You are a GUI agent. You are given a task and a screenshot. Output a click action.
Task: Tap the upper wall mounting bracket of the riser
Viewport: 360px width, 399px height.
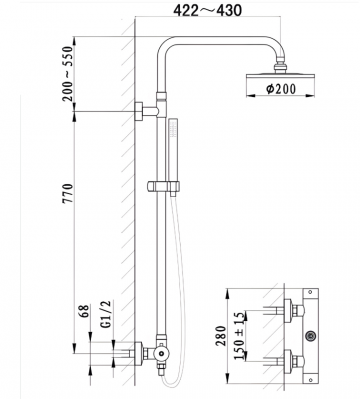(x=139, y=110)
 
